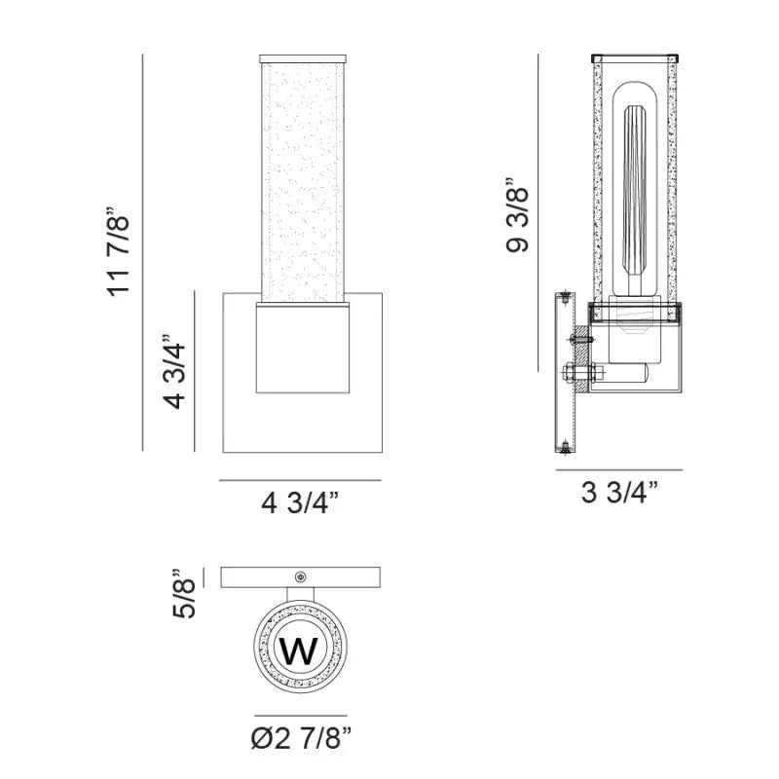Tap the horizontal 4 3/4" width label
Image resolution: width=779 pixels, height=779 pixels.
pyautogui.click(x=300, y=503)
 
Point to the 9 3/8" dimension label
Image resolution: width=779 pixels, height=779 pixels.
pyautogui.click(x=518, y=215)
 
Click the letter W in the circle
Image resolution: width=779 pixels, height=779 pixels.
pyautogui.click(x=299, y=649)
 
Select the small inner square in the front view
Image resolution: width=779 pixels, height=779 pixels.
pyautogui.click(x=302, y=348)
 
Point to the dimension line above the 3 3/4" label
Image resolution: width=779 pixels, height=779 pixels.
pyautogui.click(x=619, y=470)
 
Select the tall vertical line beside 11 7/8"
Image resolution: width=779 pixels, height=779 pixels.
pyautogui.click(x=143, y=252)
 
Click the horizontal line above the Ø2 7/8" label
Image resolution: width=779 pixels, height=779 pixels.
pyautogui.click(x=300, y=715)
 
